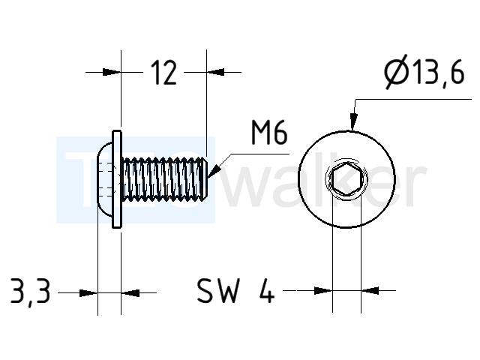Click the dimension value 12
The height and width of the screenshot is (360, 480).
pyautogui.click(x=163, y=73)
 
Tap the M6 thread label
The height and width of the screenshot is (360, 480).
pyautogui.click(x=269, y=133)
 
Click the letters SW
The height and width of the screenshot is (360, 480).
pyautogui.click(x=218, y=290)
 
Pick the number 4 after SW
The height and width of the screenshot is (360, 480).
pyautogui.click(x=267, y=290)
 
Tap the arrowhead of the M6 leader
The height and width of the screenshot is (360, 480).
pyautogui.click(x=215, y=171)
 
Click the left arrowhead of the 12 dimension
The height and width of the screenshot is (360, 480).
pyautogui.click(x=112, y=72)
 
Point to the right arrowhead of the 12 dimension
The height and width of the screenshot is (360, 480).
pyautogui.click(x=215, y=72)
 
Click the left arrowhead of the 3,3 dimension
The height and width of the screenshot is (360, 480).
pyautogui.click(x=88, y=293)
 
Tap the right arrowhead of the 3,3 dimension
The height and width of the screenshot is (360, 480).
pyautogui.click(x=130, y=293)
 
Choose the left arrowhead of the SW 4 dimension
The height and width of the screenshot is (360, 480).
pyautogui.click(x=323, y=290)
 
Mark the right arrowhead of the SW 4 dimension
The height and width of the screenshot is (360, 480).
pyautogui.click(x=370, y=290)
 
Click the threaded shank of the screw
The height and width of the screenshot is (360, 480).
pyautogui.click(x=163, y=179)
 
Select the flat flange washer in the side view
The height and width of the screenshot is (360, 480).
pyautogui.click(x=117, y=179)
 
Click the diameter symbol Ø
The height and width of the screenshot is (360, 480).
pyautogui.click(x=397, y=72)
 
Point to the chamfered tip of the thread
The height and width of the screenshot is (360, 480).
pyautogui.click(x=204, y=179)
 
